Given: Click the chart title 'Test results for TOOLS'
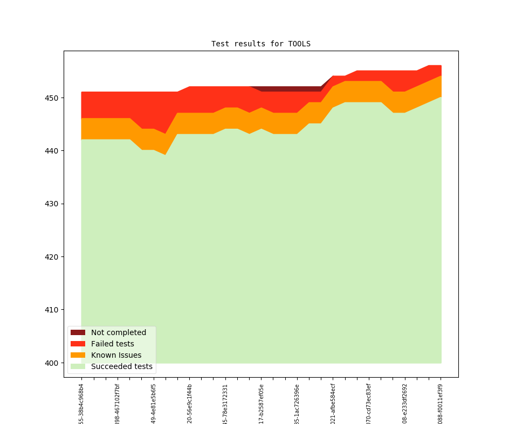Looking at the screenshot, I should pos(260,44).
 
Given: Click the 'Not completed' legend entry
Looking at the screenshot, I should pos(118,332).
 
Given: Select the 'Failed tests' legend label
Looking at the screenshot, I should pos(112,344).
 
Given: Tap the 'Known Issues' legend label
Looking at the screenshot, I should pos(116,355).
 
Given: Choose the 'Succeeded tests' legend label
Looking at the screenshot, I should pos(121,367).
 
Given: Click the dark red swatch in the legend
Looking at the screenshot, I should pos(78,332).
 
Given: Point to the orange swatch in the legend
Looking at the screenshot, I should pos(78,355).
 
